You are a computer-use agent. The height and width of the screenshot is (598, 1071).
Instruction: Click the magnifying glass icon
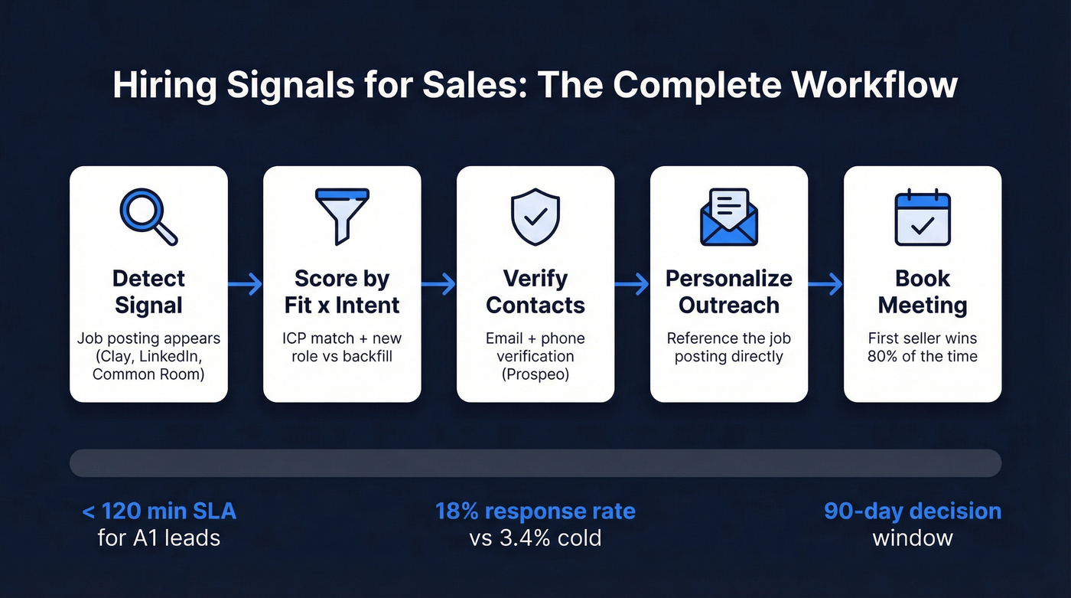point(148,217)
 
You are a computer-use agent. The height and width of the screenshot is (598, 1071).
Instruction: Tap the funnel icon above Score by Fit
point(342,217)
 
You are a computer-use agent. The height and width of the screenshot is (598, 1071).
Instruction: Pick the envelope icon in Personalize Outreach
point(729,217)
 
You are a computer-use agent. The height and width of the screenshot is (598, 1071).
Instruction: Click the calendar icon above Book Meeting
point(923,217)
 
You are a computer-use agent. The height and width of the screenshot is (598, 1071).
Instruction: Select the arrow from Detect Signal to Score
point(245,285)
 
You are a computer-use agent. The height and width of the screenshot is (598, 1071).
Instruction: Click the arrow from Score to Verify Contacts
point(438,285)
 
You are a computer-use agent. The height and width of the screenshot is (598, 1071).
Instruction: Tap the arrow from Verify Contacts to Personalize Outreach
point(632,285)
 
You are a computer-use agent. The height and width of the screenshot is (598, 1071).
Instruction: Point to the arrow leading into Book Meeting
point(825,285)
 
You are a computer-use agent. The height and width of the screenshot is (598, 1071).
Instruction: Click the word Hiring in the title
point(160,85)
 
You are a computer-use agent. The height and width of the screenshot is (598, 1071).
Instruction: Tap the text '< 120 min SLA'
point(159,511)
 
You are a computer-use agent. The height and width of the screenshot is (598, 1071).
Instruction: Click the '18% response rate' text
point(535,511)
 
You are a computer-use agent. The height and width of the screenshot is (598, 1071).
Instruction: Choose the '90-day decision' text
point(913,511)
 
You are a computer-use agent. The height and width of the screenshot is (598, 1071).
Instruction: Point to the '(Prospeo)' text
point(535,375)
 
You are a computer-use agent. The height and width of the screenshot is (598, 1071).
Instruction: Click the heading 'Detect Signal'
point(148,292)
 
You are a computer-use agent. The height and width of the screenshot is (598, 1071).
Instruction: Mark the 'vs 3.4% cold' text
point(535,538)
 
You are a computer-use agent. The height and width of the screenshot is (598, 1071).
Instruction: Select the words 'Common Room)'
point(148,375)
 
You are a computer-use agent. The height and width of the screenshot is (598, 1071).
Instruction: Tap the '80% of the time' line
point(923,356)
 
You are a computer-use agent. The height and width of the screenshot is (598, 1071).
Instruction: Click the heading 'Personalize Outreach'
point(729,292)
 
